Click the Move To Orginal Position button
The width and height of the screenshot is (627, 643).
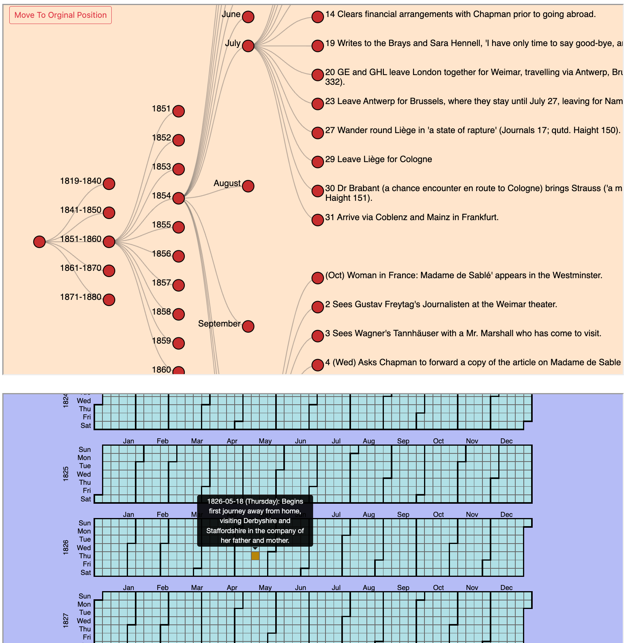(60, 15)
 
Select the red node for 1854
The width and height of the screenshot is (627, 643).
(179, 198)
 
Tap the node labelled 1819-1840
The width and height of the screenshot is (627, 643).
(109, 183)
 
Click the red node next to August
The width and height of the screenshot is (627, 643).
(248, 186)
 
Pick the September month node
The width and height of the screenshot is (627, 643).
(248, 326)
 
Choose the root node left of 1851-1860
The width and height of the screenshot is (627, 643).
(39, 242)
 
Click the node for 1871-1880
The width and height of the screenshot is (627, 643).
(109, 299)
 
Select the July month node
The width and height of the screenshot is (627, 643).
(248, 46)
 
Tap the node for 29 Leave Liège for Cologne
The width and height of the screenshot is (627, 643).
(318, 162)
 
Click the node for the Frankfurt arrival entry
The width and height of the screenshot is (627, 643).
(318, 220)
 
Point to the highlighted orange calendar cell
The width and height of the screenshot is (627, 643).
(255, 556)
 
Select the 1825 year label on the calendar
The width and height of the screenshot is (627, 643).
(66, 474)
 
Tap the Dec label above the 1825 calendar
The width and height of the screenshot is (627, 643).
(506, 441)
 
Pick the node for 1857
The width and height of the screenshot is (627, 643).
(179, 285)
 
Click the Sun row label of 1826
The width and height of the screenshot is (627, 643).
(85, 523)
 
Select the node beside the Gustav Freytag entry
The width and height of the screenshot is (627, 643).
(318, 307)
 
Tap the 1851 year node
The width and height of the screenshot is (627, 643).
(179, 111)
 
